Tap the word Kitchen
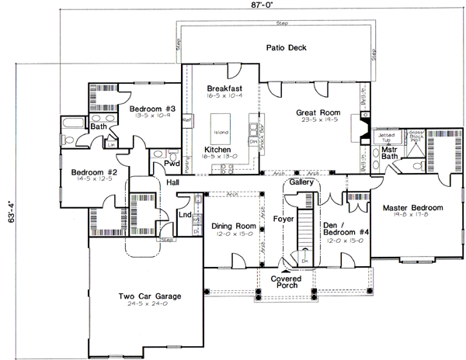[217, 149]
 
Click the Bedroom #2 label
[94, 172]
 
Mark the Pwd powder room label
[171, 164]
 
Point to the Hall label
[174, 183]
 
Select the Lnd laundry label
[185, 214]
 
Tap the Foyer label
[283, 220]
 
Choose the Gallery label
[301, 182]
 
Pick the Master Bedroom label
[412, 208]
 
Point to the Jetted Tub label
[386, 137]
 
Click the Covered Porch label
[287, 282]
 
